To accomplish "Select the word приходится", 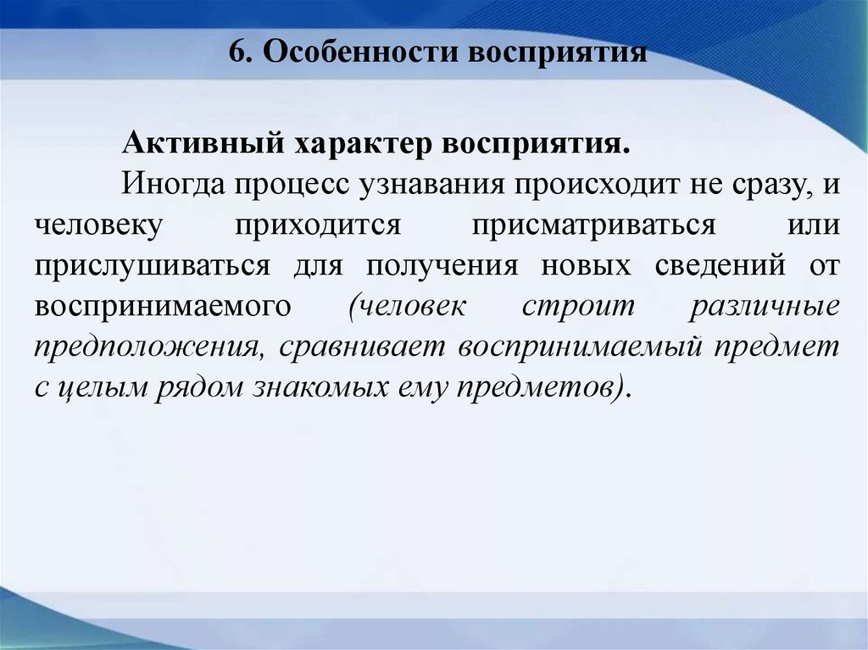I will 317,225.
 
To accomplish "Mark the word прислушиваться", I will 153,265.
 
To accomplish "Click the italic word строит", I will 577,305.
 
